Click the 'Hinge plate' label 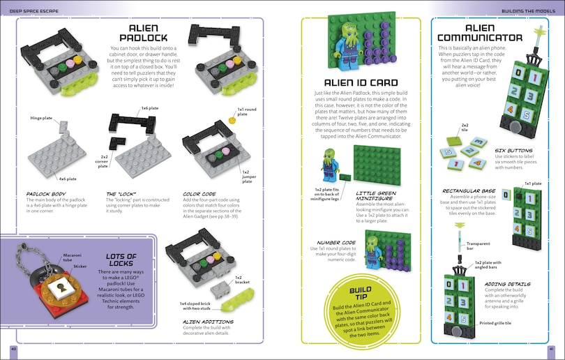click(x=41, y=119)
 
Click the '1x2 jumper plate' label click(x=250, y=174)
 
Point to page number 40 click(x=13, y=348)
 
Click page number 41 click(x=551, y=348)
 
